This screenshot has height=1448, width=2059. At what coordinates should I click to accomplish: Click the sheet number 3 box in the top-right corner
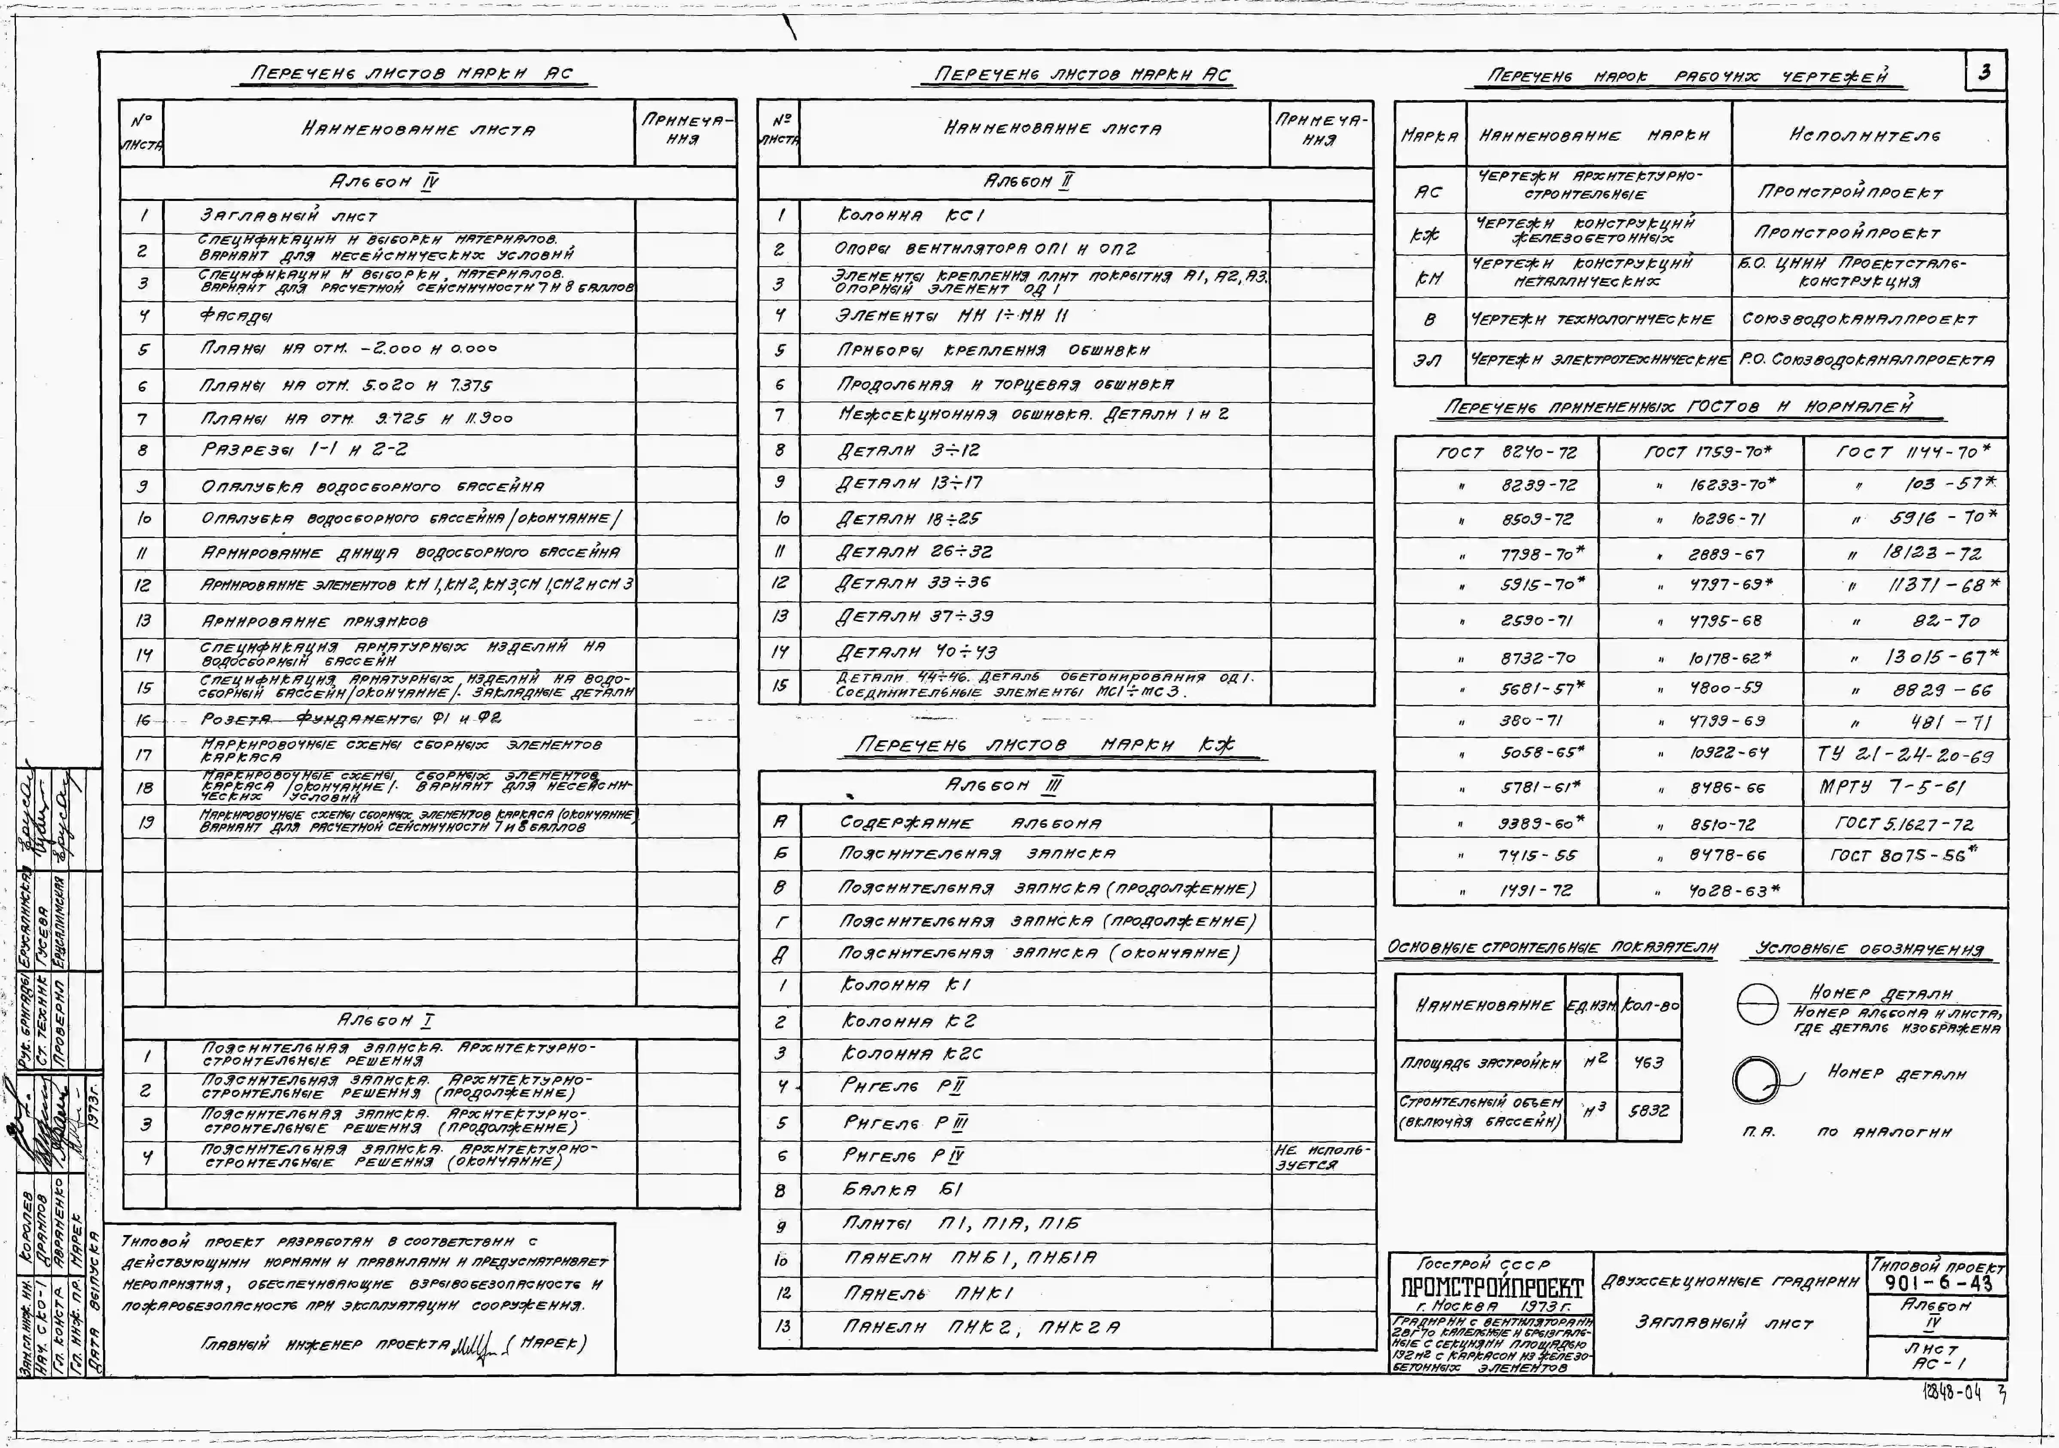tap(1985, 72)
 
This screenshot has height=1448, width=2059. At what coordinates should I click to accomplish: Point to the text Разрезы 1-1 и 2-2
tap(303, 450)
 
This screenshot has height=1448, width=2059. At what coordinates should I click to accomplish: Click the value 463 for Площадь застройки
tap(1648, 1062)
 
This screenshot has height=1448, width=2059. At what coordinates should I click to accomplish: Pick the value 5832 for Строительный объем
tap(1648, 1110)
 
